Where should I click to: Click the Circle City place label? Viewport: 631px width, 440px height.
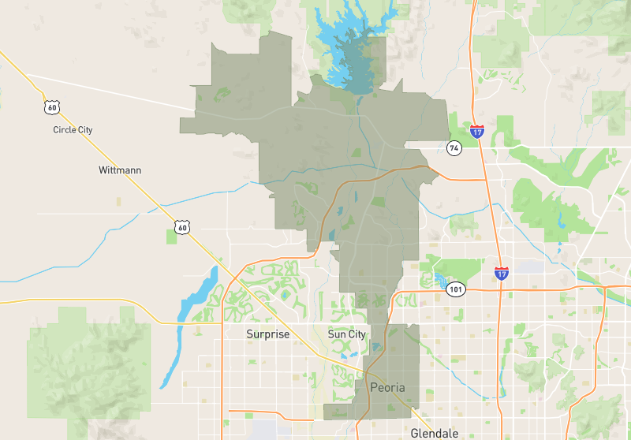[x=73, y=129]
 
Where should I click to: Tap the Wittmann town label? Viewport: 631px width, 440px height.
[x=120, y=170]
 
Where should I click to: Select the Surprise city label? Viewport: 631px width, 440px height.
[x=267, y=334]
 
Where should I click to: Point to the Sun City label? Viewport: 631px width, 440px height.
[x=346, y=334]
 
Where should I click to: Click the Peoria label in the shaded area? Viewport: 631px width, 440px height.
[x=387, y=388]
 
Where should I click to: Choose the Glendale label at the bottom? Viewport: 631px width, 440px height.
[x=434, y=433]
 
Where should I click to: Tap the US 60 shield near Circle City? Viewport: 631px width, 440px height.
[x=51, y=106]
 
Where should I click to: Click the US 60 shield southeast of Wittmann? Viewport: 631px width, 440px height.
[x=182, y=228]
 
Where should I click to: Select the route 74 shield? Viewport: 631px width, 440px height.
[x=454, y=148]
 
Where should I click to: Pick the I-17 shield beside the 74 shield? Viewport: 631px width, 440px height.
[x=476, y=131]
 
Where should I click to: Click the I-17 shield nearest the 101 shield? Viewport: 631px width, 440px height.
[x=502, y=274]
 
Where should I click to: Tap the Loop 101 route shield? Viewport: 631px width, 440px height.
[x=456, y=289]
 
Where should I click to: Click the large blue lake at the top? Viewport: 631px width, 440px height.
[x=347, y=47]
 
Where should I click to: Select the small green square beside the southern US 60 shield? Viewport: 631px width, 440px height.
[x=171, y=237]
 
